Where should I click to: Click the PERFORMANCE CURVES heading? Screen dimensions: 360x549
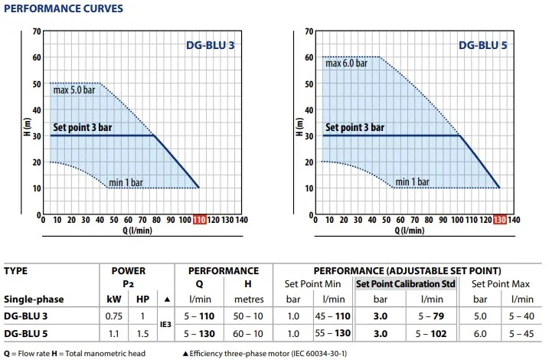pos(54,9)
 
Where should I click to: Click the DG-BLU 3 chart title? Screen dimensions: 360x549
pos(211,45)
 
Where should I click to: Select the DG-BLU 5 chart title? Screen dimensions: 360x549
pos(483,45)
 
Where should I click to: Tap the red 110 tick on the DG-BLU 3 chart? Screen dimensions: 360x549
pos(200,220)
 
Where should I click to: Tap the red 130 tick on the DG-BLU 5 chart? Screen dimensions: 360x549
pos(499,220)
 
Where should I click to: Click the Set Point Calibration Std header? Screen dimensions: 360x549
pos(407,284)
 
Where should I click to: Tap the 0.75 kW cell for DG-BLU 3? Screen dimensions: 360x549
pos(113,316)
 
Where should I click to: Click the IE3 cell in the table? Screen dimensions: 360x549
pos(166,325)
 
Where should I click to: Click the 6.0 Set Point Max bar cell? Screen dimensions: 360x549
pos(482,333)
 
